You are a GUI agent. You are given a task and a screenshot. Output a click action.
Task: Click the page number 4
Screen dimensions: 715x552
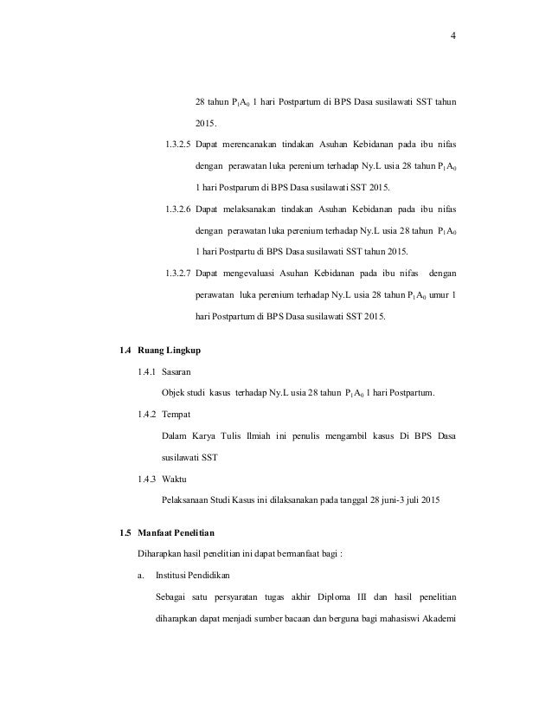[453, 35]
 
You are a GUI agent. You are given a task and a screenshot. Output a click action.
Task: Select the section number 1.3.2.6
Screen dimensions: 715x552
[179, 210]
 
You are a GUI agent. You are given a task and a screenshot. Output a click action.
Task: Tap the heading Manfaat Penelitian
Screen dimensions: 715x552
[182, 530]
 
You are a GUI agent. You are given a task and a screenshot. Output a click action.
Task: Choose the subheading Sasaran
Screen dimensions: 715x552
[179, 372]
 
